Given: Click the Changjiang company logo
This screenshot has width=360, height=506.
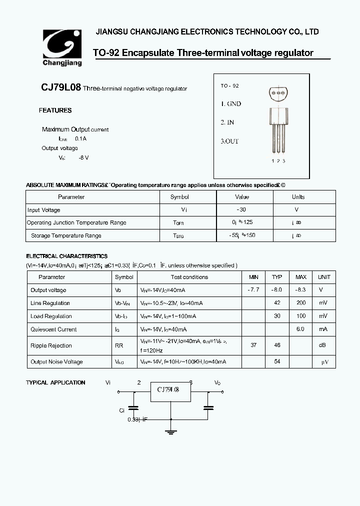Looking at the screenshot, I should (61, 48).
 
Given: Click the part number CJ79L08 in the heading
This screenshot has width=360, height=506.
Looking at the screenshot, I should (60, 87).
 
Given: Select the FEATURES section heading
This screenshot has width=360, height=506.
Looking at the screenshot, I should (55, 110).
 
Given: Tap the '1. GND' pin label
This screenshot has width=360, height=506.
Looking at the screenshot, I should (231, 104).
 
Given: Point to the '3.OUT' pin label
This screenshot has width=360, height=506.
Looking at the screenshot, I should (230, 141).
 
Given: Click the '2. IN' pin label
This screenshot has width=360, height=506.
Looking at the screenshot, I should (227, 122).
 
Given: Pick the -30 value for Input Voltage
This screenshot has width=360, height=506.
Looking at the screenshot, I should (241, 210).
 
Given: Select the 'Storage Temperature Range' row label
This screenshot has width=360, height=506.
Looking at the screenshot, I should (66, 235).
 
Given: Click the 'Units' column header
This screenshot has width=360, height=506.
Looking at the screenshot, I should (298, 197).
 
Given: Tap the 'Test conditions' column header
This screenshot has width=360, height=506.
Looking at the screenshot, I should (189, 277).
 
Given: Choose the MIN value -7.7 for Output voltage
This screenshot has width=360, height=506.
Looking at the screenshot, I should (253, 290).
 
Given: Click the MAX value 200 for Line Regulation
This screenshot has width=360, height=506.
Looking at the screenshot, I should (300, 303).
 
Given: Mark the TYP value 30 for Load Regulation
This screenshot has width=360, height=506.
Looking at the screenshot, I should (276, 316).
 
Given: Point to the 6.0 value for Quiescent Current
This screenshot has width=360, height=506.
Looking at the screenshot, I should (300, 329).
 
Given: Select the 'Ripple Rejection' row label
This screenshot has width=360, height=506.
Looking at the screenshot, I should (51, 345).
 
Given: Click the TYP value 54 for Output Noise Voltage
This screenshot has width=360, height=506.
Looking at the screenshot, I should (276, 361).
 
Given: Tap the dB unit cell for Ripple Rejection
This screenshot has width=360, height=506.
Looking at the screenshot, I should (323, 345).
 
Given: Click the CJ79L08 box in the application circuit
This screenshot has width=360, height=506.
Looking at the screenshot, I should (171, 390).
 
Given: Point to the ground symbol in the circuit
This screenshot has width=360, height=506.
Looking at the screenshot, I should (171, 430).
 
